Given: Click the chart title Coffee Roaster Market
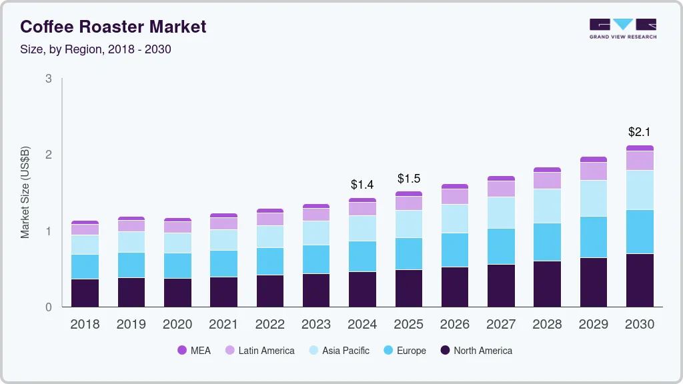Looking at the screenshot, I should coord(113,27).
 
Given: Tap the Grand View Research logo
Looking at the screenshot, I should coord(622,28).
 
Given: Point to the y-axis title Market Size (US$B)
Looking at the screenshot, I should coord(25,192).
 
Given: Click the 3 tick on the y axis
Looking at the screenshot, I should coord(49,79).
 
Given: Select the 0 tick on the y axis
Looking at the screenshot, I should coord(49,307).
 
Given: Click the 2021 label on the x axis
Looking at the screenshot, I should coord(223,325).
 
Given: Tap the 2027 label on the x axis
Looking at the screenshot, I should coord(501,325).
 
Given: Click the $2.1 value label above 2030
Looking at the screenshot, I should coord(640,132).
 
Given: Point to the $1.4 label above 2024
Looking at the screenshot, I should coord(362,185).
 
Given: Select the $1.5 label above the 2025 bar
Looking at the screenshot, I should coord(408,179).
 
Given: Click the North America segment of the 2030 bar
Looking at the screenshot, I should coord(640,280).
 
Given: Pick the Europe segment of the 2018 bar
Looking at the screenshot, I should coord(85,267).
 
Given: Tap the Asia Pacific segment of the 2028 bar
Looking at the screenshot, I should coord(547,206).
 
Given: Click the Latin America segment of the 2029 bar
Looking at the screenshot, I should coord(594,171).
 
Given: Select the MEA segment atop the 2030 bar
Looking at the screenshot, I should coord(640,148).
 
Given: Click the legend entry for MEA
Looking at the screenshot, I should coord(194,351).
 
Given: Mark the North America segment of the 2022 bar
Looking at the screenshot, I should coord(269,291).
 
